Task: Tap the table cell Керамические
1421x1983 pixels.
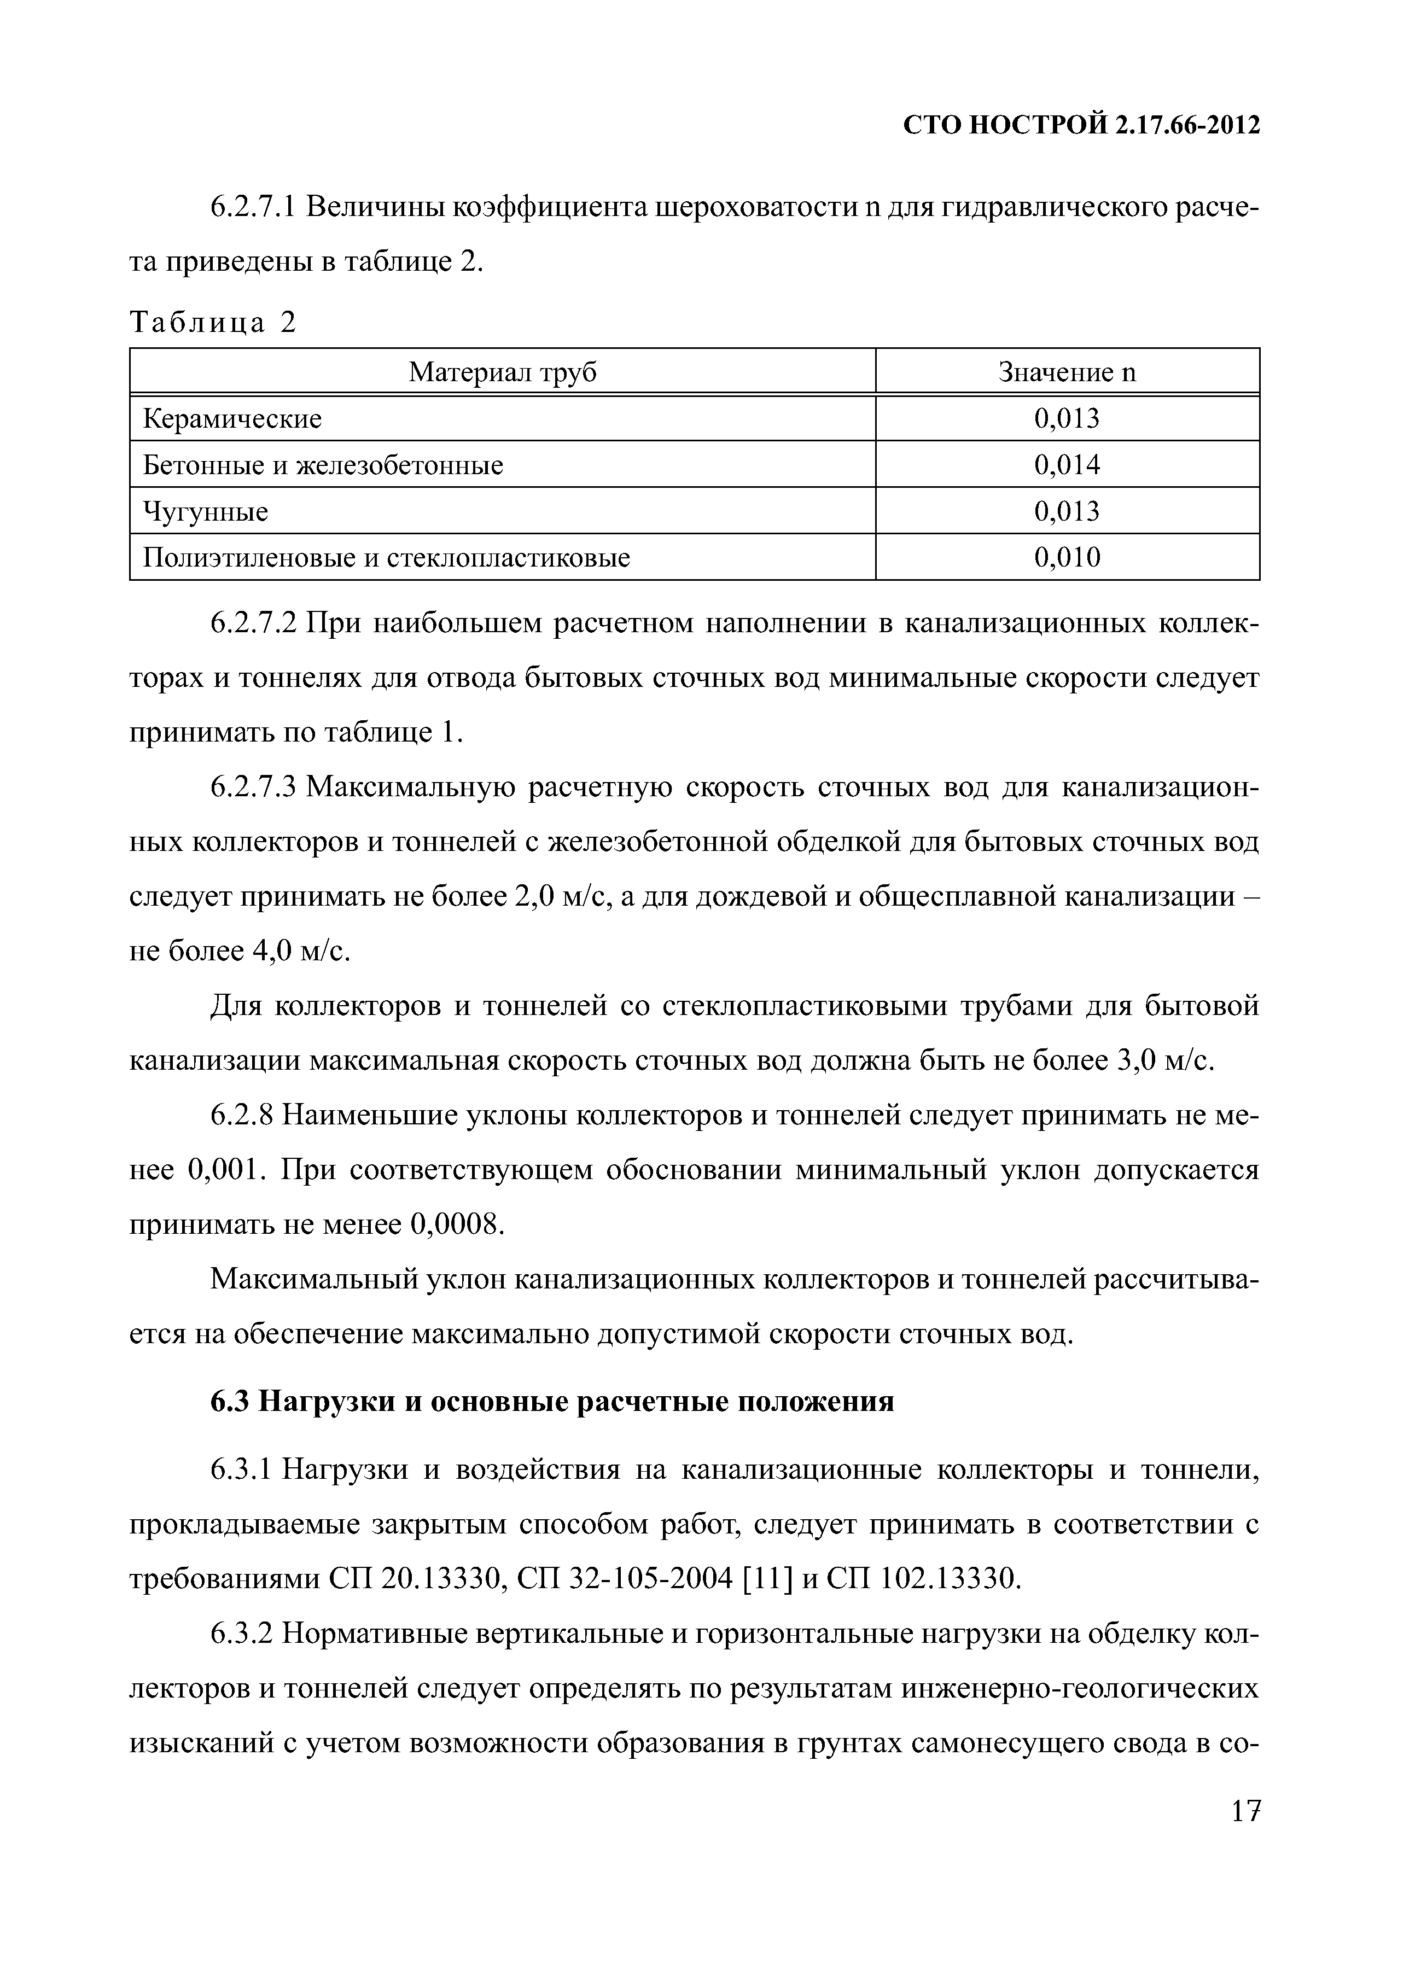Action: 232,419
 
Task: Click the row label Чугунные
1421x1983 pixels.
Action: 206,511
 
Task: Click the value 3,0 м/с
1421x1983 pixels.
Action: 1167,1060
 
